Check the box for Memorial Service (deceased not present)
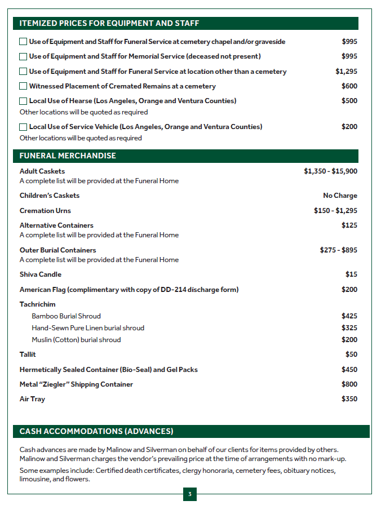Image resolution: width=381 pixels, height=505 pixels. tap(23, 56)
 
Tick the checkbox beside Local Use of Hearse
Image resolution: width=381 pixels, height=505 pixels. tap(23, 101)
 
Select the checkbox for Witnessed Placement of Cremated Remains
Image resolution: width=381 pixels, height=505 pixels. tap(23, 86)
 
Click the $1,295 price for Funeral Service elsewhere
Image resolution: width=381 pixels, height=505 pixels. tap(346, 72)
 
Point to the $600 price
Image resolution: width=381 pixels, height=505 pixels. tap(349, 86)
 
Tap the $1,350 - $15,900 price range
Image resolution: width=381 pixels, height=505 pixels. tap(330, 171)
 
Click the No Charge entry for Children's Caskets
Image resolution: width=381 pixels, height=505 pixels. tap(340, 196)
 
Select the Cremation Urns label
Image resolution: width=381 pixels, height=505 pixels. tap(45, 210)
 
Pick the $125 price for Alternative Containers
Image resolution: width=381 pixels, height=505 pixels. tap(349, 225)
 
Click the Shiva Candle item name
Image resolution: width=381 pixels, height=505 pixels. tap(41, 274)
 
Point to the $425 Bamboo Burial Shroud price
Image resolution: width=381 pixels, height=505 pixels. tap(349, 316)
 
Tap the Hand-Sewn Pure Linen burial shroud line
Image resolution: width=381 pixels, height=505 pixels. tap(88, 328)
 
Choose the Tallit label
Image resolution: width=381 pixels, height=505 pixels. tap(28, 355)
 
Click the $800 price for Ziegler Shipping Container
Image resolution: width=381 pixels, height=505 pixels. tap(349, 384)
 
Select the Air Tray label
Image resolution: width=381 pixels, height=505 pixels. tap(32, 399)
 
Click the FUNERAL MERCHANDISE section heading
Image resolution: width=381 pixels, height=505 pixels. tap(68, 156)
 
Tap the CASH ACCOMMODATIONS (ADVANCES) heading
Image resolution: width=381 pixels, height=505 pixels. tap(96, 431)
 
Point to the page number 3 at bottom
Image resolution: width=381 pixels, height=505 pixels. tap(190, 495)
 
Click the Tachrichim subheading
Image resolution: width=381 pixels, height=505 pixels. tap(38, 304)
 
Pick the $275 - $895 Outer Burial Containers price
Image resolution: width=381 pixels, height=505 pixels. tap(338, 250)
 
